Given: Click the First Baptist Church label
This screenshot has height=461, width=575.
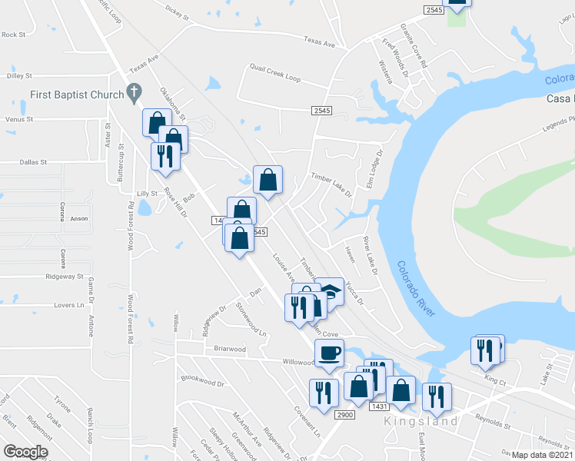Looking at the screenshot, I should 77,95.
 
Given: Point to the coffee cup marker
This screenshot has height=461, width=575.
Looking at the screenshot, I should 329,354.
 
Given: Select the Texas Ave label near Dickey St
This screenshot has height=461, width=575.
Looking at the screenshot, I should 320,41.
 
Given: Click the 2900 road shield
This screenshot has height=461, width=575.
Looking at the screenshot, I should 344,415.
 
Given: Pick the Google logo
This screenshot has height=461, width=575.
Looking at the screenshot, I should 25,452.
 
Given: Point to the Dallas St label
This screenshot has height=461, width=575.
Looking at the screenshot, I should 33,163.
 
